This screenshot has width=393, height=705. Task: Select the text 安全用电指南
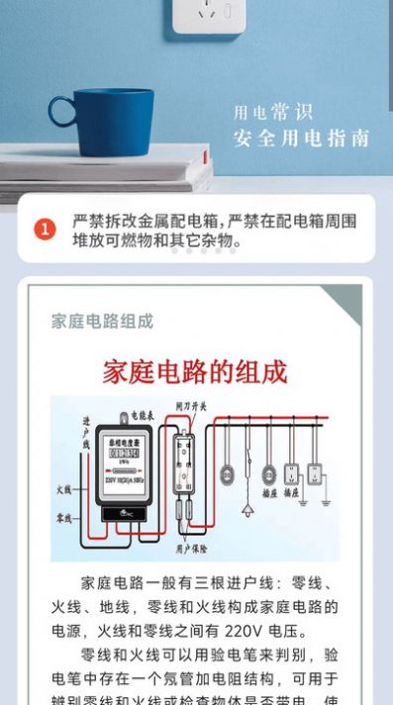coord(301,138)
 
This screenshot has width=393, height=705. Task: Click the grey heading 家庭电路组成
coord(103,321)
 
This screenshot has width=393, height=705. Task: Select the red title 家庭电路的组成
coord(195,372)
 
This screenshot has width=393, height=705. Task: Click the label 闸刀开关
coord(192,406)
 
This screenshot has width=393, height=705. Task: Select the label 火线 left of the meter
coord(64,488)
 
